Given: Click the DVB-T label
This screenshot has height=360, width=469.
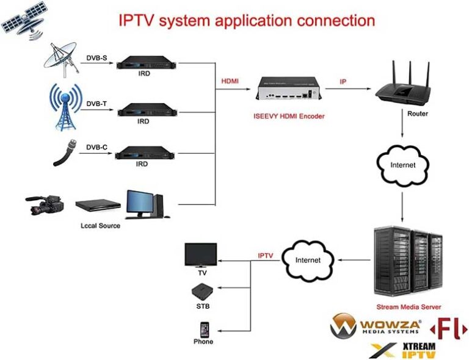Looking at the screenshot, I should pos(96,104).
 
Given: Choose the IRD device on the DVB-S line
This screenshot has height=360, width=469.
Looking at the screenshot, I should pos(143,62).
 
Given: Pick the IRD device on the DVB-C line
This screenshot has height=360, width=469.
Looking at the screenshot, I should pos(143,152).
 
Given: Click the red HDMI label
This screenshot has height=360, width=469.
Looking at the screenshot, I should pos(230,81).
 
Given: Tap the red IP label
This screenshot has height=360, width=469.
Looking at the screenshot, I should pos(344,81).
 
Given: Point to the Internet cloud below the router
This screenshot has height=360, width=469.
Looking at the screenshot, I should pos(402,165).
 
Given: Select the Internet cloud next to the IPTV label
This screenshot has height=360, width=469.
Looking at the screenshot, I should pos(308,260).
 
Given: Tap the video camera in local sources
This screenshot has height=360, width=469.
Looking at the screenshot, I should pos(46,205).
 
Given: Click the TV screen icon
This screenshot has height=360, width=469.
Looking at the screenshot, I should pos(200,254).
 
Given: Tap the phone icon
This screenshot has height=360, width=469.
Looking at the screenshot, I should pos(203,328).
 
